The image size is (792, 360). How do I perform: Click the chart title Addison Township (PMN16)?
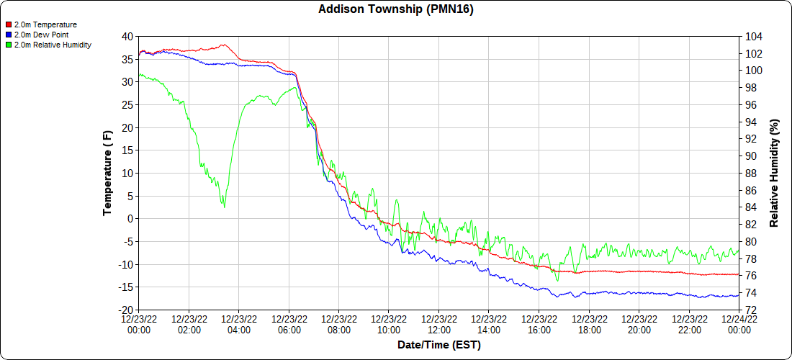pyautogui.click(x=396, y=9)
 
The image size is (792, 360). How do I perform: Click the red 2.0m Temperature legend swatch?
pyautogui.click(x=9, y=24)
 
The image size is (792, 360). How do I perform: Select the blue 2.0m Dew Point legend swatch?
pyautogui.click(x=9, y=35)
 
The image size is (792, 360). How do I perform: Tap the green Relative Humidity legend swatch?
pyautogui.click(x=9, y=45)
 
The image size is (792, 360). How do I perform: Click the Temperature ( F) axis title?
pyautogui.click(x=108, y=173)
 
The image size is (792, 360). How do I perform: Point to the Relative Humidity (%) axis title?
pyautogui.click(x=775, y=173)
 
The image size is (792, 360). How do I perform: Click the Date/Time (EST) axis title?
pyautogui.click(x=438, y=345)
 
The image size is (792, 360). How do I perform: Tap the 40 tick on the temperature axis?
pyautogui.click(x=127, y=37)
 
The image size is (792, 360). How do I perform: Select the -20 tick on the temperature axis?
pyautogui.click(x=125, y=310)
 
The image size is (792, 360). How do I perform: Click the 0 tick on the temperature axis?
pyautogui.click(x=130, y=219)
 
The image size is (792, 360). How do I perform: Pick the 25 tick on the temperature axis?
pyautogui.click(x=127, y=105)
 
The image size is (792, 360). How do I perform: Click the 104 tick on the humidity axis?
pyautogui.click(x=754, y=37)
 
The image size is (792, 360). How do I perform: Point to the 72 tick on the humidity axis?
pyautogui.click(x=751, y=310)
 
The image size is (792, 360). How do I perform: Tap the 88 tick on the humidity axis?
pyautogui.click(x=751, y=174)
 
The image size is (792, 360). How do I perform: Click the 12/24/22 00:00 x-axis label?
pyautogui.click(x=739, y=325)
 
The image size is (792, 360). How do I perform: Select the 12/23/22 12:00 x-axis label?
pyautogui.click(x=438, y=325)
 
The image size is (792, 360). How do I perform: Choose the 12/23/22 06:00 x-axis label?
pyautogui.click(x=289, y=325)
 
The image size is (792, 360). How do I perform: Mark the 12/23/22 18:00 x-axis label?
pyautogui.click(x=589, y=325)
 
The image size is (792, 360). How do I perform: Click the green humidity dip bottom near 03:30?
pyautogui.click(x=224, y=207)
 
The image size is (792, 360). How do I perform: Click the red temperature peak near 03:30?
pyautogui.click(x=224, y=45)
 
